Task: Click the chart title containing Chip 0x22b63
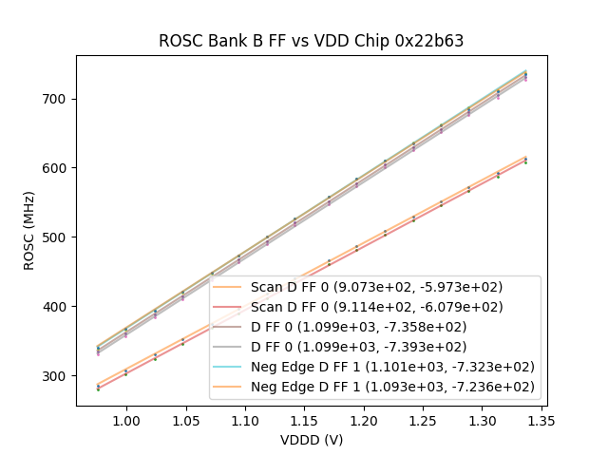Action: [x=311, y=41]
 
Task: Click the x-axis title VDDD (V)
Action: [x=311, y=440]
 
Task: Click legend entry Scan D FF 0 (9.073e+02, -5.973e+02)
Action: [x=376, y=287]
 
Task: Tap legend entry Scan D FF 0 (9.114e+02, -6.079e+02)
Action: [x=376, y=307]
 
